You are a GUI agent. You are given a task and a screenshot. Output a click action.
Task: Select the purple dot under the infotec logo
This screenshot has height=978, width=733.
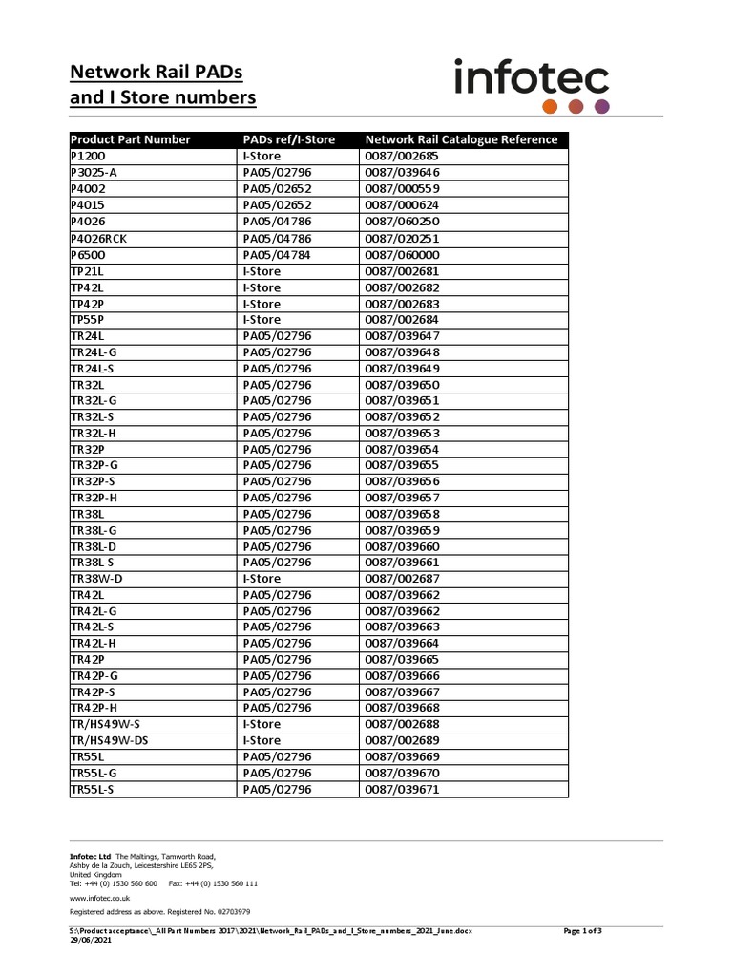click(x=601, y=106)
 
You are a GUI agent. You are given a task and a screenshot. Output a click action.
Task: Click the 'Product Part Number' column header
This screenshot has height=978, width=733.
click(x=131, y=139)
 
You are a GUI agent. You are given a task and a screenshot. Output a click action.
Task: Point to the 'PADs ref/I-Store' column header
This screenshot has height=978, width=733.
click(x=289, y=139)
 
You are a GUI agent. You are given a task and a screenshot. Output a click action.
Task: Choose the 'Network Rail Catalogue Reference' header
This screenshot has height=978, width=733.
click(x=461, y=139)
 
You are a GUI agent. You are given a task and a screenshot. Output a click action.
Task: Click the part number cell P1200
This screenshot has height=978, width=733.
click(x=90, y=156)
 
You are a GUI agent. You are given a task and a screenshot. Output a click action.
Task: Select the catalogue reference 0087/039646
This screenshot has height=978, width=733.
click(x=402, y=172)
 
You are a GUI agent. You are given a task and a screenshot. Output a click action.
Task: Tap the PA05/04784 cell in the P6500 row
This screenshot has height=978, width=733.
click(x=277, y=255)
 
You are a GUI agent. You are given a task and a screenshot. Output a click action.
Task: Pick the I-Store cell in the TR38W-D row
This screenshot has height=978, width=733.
click(x=262, y=579)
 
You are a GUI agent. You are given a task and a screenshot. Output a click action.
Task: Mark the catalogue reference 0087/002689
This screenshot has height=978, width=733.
click(x=402, y=740)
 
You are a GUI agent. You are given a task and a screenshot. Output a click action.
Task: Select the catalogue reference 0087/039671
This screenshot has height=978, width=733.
click(x=402, y=789)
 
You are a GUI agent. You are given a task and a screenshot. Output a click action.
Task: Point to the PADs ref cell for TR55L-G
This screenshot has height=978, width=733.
click(x=277, y=773)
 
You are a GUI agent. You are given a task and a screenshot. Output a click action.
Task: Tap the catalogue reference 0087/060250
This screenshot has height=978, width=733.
click(x=402, y=222)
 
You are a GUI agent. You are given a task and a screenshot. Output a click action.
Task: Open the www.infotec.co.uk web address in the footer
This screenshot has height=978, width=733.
click(x=99, y=898)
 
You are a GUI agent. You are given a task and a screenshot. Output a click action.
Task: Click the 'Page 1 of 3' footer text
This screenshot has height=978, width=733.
click(x=582, y=930)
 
